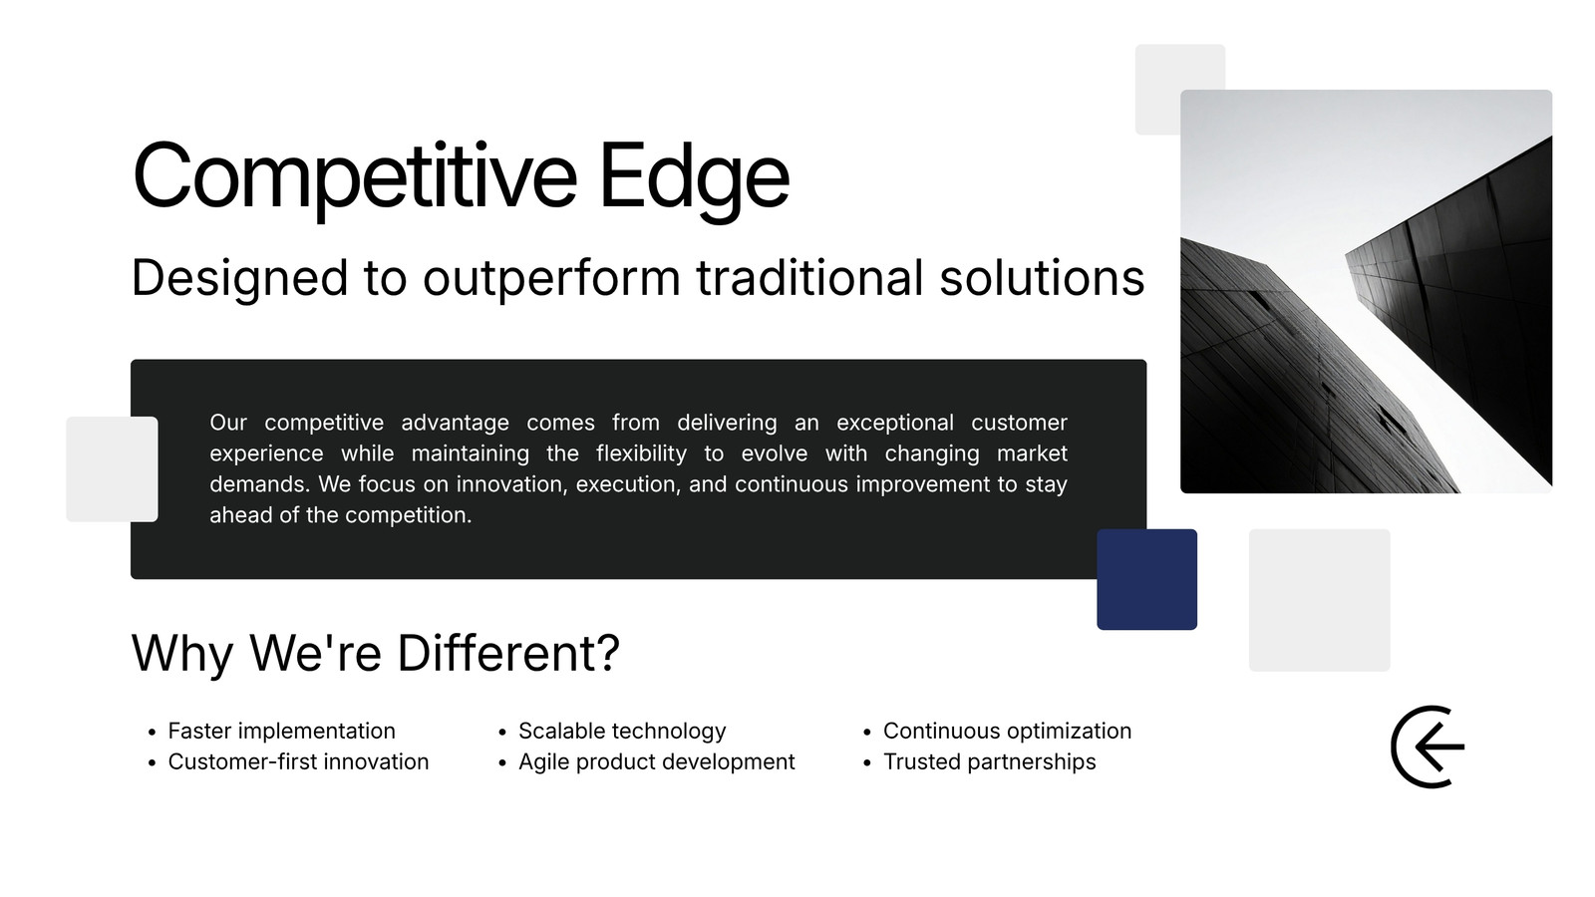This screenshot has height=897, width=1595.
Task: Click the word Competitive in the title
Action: [355, 176]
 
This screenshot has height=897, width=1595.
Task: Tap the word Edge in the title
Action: [695, 176]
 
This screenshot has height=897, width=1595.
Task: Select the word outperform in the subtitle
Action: [552, 279]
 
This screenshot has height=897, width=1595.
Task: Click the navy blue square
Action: [1147, 579]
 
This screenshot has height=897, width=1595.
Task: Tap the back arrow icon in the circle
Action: [1429, 747]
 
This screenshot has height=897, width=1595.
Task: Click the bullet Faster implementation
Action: [281, 732]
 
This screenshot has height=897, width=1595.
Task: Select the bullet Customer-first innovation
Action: [298, 761]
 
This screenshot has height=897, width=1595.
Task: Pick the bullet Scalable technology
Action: [622, 732]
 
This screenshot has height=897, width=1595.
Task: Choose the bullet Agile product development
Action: [657, 762]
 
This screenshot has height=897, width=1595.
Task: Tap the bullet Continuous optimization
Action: [1007, 732]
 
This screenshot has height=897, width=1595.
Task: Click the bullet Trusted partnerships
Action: [989, 761]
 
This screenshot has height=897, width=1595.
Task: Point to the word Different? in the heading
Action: [508, 653]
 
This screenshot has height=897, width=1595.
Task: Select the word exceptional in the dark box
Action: [895, 423]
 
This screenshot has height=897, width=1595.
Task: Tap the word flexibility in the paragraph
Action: [642, 453]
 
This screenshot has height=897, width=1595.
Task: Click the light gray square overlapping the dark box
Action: [112, 469]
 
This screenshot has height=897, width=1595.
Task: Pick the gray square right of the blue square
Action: [1320, 600]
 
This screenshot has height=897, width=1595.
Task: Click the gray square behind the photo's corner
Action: [1157, 89]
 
